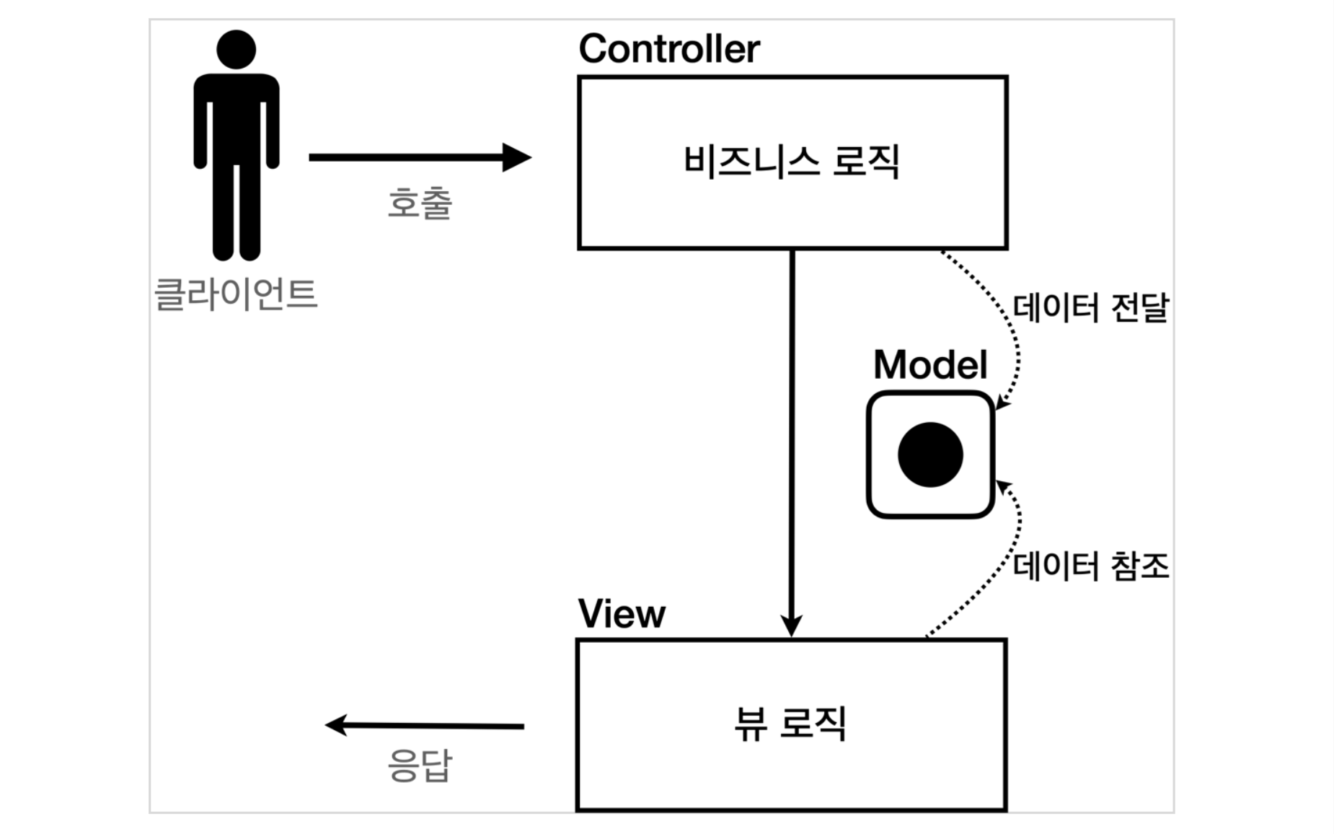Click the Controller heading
click(668, 49)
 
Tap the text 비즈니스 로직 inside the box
click(791, 161)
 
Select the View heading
click(622, 615)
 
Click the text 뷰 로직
click(790, 724)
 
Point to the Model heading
click(929, 365)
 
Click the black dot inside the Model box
click(930, 455)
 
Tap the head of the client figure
click(236, 50)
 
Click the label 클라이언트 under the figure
click(236, 294)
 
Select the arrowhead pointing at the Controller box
click(518, 157)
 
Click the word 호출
click(420, 203)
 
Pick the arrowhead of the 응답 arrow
click(337, 724)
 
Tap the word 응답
click(420, 765)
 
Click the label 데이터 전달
click(1090, 308)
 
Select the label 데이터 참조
click(1090, 566)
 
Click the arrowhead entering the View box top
click(792, 625)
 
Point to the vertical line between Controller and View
click(792, 433)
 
